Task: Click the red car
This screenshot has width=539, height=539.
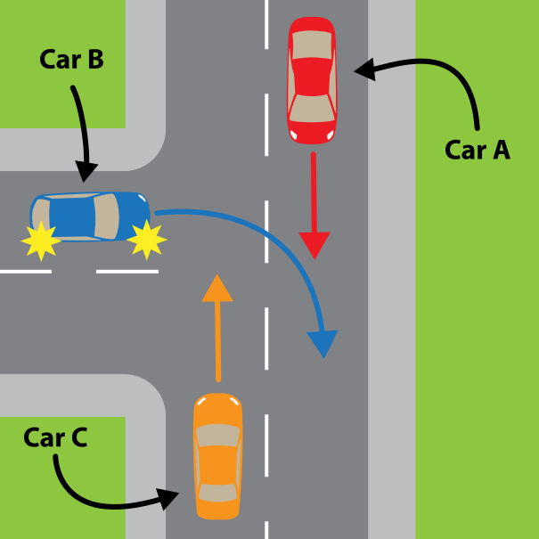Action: click(311, 80)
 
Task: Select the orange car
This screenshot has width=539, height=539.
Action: click(218, 455)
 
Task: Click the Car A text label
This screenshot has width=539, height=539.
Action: click(478, 150)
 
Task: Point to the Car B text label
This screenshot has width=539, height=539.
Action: click(72, 60)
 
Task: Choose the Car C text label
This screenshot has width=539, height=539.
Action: click(55, 437)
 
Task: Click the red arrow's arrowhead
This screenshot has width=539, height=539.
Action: click(314, 244)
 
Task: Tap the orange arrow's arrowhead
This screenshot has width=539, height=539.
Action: click(217, 288)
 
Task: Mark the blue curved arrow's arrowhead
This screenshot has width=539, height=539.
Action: click(323, 343)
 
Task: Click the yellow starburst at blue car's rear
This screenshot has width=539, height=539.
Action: click(41, 241)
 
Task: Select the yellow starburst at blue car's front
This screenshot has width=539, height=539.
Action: click(147, 240)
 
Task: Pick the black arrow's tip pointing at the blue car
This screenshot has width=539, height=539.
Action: click(86, 178)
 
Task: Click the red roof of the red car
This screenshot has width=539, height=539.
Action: click(311, 77)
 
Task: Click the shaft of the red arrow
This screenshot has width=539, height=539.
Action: click(314, 192)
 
